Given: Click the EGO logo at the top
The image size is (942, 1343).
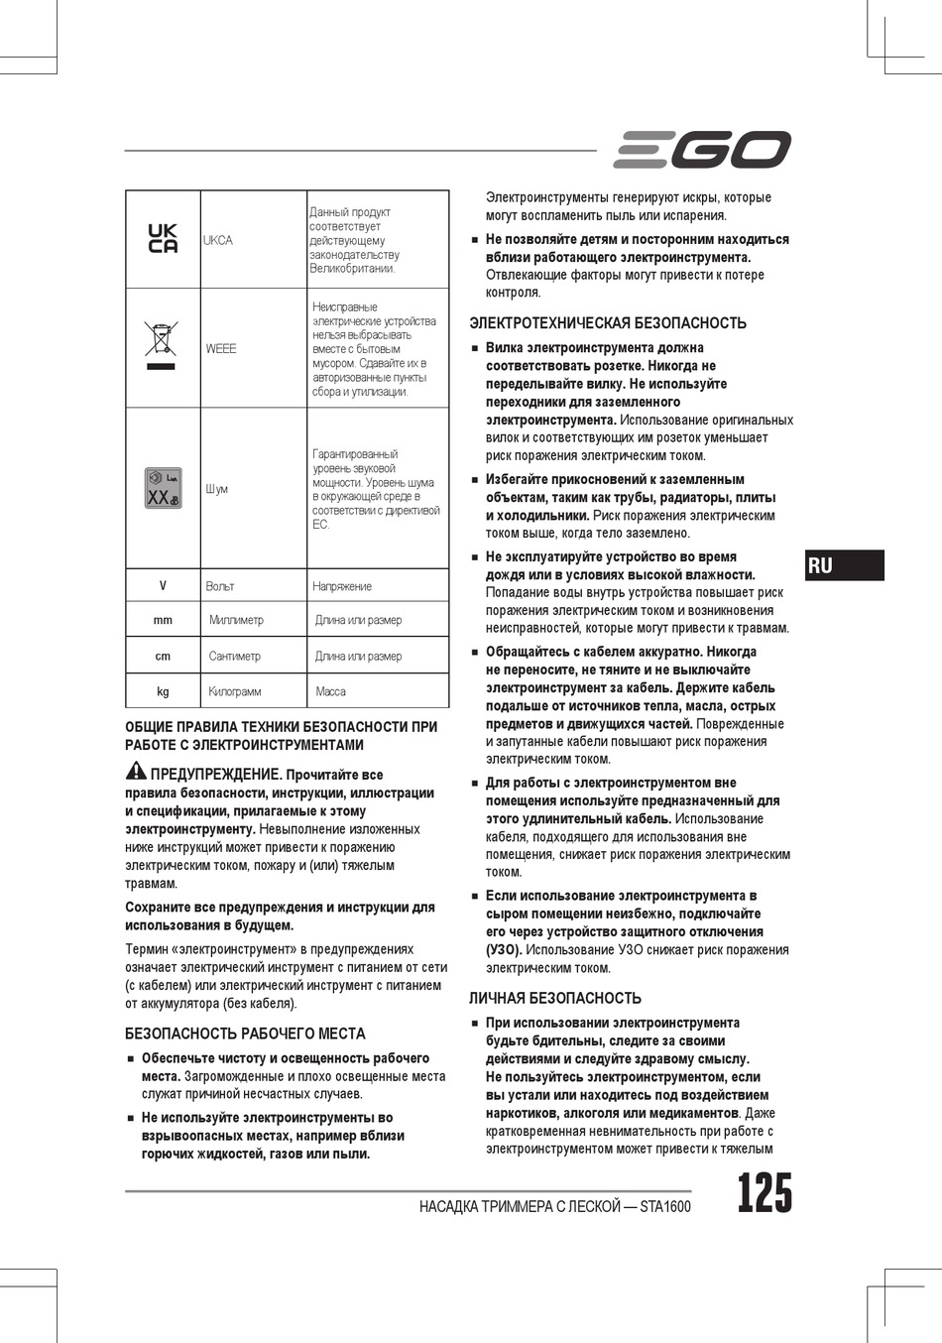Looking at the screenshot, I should (701, 150).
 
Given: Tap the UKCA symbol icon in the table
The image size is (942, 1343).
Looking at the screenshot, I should (163, 239).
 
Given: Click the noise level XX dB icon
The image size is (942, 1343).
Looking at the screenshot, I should (163, 488).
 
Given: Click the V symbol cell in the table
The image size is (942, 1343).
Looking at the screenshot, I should (163, 586).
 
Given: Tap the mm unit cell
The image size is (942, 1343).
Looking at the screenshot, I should (163, 620).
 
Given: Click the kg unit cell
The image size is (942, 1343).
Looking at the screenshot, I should (163, 691).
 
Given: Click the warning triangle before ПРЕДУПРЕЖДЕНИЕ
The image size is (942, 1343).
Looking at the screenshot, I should (136, 771).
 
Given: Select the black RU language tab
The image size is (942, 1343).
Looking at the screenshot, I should (844, 565).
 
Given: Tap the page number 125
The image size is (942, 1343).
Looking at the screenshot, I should (765, 1193).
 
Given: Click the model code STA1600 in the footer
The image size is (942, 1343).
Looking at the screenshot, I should (664, 1207).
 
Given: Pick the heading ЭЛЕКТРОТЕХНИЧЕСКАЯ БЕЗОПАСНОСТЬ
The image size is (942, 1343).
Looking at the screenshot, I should (608, 323).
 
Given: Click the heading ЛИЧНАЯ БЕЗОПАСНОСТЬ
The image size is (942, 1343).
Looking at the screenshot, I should (555, 998).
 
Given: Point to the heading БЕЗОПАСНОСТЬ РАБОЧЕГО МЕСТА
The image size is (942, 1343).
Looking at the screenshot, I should (245, 1034).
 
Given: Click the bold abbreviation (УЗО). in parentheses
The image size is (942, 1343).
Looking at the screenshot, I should (504, 949).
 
